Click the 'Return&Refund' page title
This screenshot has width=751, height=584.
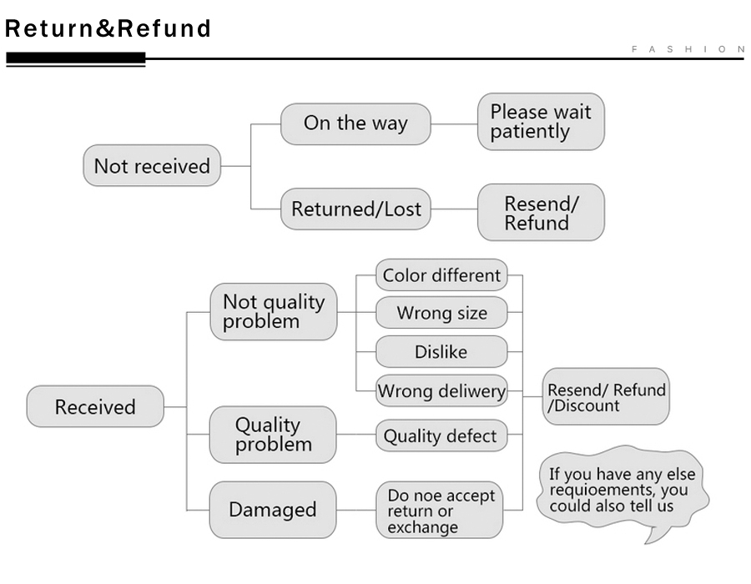click(x=108, y=28)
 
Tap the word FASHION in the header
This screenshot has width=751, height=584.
click(x=688, y=49)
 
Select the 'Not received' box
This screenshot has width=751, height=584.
click(x=152, y=166)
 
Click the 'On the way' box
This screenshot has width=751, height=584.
click(x=355, y=123)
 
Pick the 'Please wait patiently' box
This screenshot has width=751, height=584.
click(x=541, y=122)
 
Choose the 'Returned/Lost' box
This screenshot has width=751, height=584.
click(x=355, y=209)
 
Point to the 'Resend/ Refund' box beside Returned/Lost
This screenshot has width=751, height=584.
click(x=541, y=212)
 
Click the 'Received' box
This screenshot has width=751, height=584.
click(x=95, y=406)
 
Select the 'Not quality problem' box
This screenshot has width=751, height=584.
click(x=274, y=312)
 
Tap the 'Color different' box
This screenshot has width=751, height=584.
click(x=441, y=274)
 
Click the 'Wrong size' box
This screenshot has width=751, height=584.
click(x=441, y=312)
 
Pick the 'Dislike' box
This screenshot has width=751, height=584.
click(x=441, y=351)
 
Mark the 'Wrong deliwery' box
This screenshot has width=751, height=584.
click(x=441, y=390)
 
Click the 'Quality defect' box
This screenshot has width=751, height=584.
click(x=441, y=435)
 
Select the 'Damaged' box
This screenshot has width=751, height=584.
click(x=273, y=509)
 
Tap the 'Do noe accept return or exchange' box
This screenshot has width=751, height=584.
click(x=439, y=510)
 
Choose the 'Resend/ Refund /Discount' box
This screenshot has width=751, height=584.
click(x=606, y=396)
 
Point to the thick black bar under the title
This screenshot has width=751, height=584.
click(x=76, y=58)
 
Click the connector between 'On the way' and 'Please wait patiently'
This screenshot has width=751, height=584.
click(x=454, y=124)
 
